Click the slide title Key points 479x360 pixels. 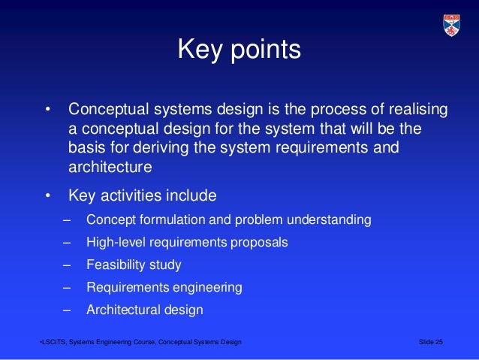[x=239, y=50]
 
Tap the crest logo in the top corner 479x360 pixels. [x=451, y=26]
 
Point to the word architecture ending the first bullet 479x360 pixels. [x=110, y=166]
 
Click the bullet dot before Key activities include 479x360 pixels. [x=47, y=197]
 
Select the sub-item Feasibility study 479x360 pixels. [x=134, y=265]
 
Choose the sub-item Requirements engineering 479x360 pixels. [x=164, y=287]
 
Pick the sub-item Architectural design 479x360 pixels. [x=145, y=310]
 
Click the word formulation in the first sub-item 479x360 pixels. [x=175, y=220]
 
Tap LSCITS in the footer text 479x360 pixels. [x=54, y=343]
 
